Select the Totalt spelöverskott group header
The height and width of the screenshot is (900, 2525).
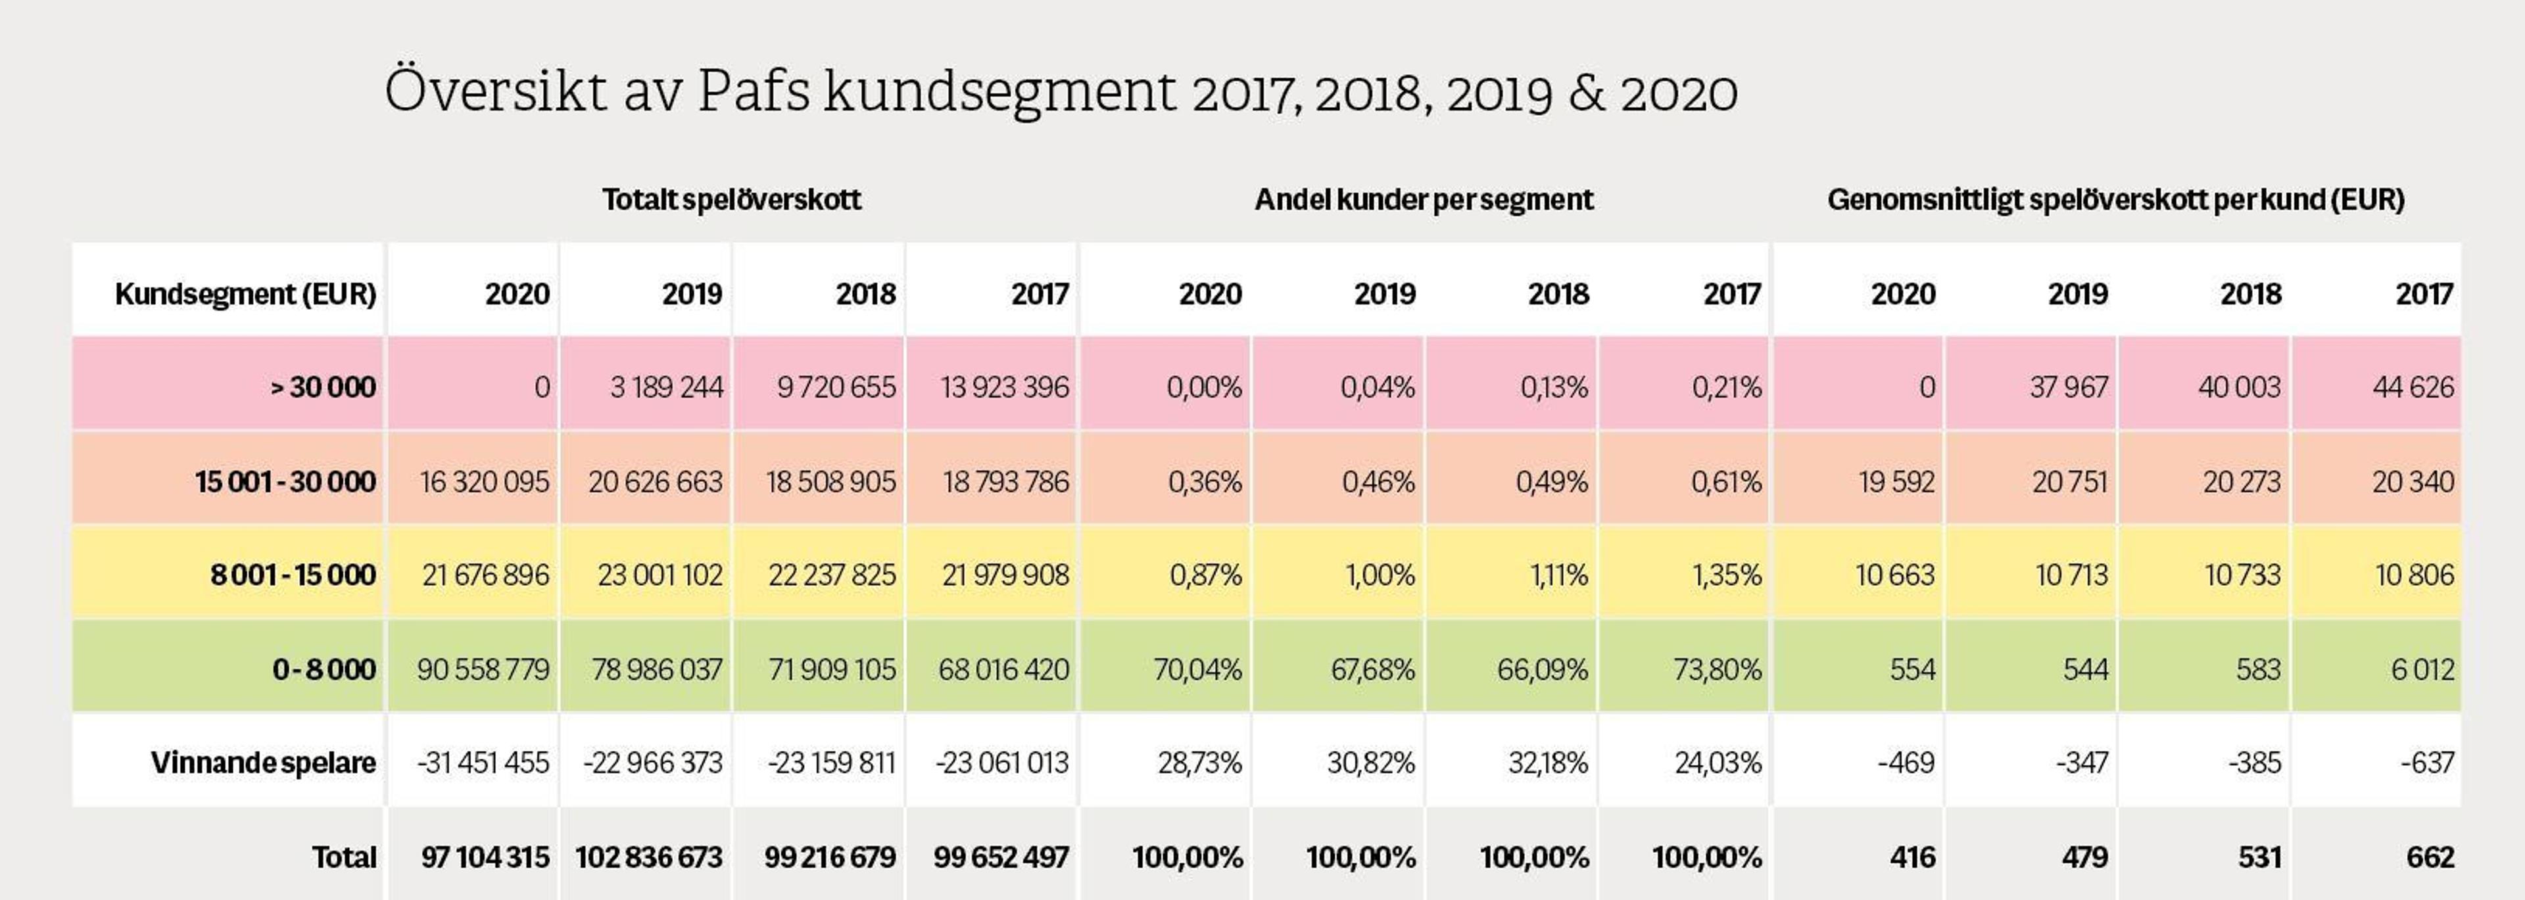731,200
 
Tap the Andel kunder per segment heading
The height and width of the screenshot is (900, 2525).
1423,200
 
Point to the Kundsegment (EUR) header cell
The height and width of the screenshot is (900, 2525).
245,294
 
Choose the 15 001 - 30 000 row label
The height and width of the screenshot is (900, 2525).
285,481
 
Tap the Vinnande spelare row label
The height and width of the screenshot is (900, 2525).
263,763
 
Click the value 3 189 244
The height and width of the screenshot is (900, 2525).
667,387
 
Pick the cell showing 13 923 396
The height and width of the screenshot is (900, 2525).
1005,387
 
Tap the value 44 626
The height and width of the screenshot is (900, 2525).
2413,387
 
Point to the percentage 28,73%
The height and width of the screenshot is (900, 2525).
1200,763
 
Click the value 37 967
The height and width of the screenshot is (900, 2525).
2068,387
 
